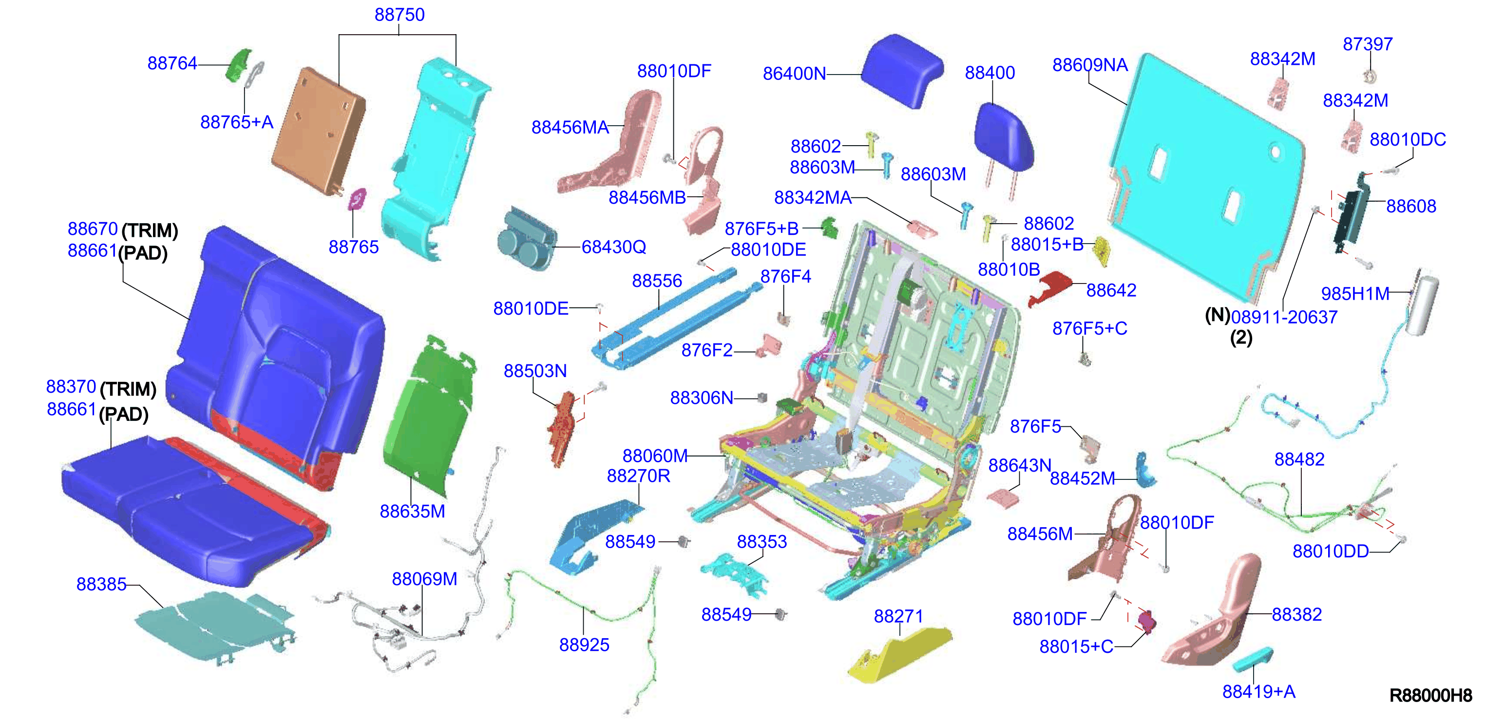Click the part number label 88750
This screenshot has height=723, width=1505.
click(x=400, y=15)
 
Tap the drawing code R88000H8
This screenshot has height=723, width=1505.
click(x=1430, y=696)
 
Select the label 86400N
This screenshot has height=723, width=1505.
click(x=795, y=74)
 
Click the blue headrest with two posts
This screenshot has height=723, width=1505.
click(x=1004, y=143)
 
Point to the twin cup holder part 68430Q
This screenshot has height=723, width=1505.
click(x=526, y=239)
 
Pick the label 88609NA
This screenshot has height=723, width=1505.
click(x=1090, y=65)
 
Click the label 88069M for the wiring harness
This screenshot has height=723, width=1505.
click(x=425, y=579)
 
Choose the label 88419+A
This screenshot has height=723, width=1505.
click(x=1259, y=691)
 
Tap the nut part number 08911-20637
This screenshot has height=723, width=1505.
click(x=1284, y=317)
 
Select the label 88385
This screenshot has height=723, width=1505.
click(x=102, y=584)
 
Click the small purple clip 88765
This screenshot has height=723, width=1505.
click(x=357, y=199)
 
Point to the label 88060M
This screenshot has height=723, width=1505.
click(x=655, y=456)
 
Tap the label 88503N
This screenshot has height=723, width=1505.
click(x=535, y=371)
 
